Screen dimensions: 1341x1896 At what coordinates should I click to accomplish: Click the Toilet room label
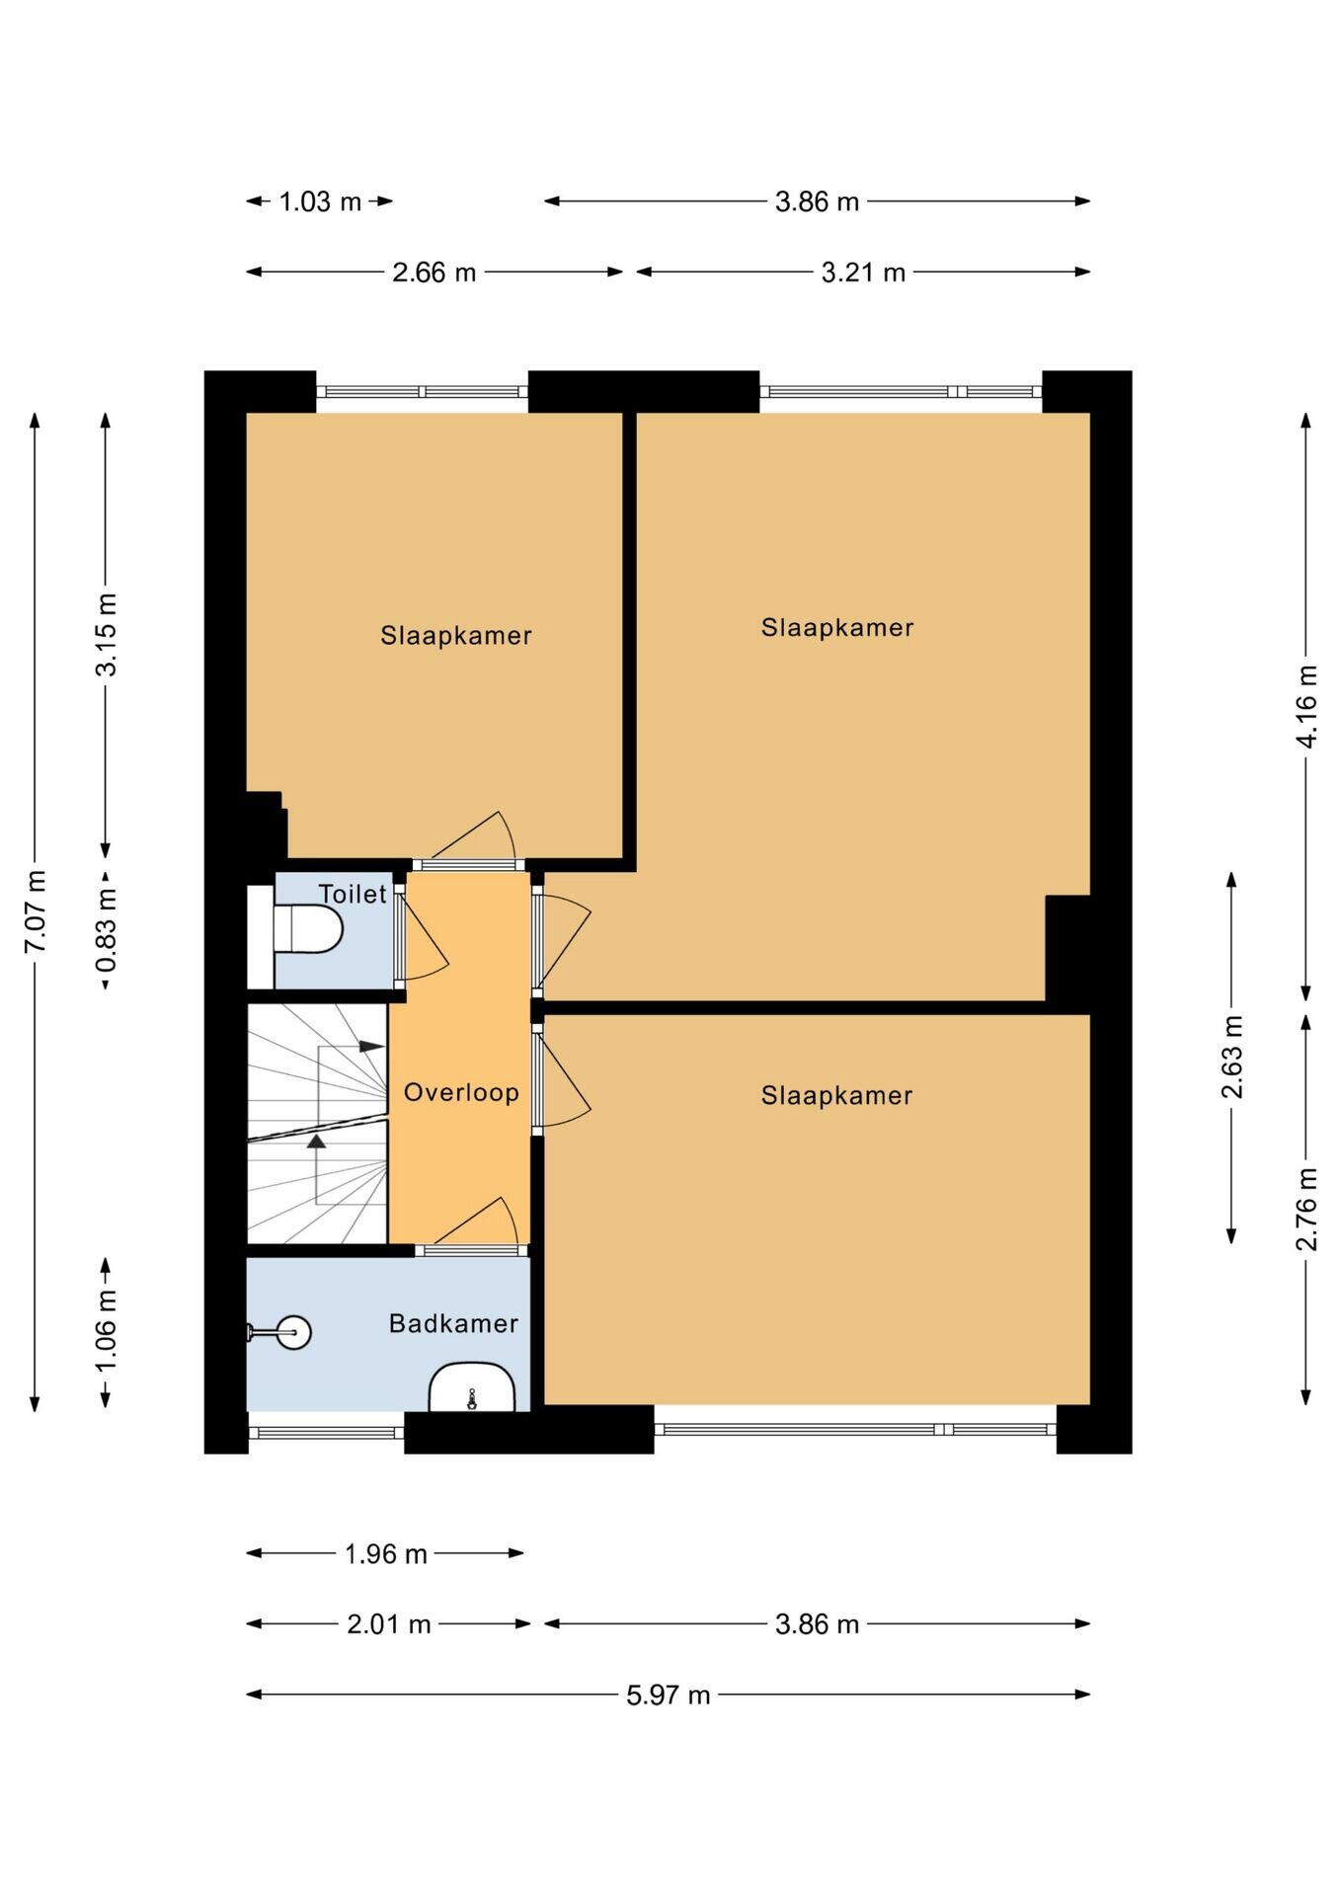click(x=353, y=895)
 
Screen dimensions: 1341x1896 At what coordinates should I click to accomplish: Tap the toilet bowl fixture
click(x=308, y=929)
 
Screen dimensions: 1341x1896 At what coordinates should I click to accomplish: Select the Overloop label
click(x=461, y=1092)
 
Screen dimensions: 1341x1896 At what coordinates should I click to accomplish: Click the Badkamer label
click(x=453, y=1323)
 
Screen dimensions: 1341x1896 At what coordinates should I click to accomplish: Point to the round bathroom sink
click(x=293, y=1332)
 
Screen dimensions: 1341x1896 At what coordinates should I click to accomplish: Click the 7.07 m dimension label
click(x=35, y=911)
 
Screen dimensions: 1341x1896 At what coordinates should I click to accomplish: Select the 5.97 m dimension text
click(x=669, y=1695)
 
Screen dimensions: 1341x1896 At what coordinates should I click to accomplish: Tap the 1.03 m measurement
click(x=320, y=202)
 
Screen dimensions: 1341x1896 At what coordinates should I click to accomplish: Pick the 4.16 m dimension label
click(x=1306, y=706)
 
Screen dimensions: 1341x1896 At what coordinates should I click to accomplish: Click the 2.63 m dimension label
click(x=1231, y=1057)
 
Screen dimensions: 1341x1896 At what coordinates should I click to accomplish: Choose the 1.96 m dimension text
click(x=385, y=1554)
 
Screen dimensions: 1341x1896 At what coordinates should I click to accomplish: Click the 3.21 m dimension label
click(x=863, y=273)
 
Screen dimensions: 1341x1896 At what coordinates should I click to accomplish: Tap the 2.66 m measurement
click(x=434, y=273)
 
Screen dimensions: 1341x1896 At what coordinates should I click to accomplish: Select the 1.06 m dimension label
click(x=106, y=1330)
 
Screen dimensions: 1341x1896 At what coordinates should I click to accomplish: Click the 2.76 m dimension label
click(x=1306, y=1209)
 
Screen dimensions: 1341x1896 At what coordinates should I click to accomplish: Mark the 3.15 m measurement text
click(x=106, y=634)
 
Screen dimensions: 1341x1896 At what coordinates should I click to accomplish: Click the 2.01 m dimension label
click(x=389, y=1624)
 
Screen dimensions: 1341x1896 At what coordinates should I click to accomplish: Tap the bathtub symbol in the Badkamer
click(x=472, y=1386)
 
